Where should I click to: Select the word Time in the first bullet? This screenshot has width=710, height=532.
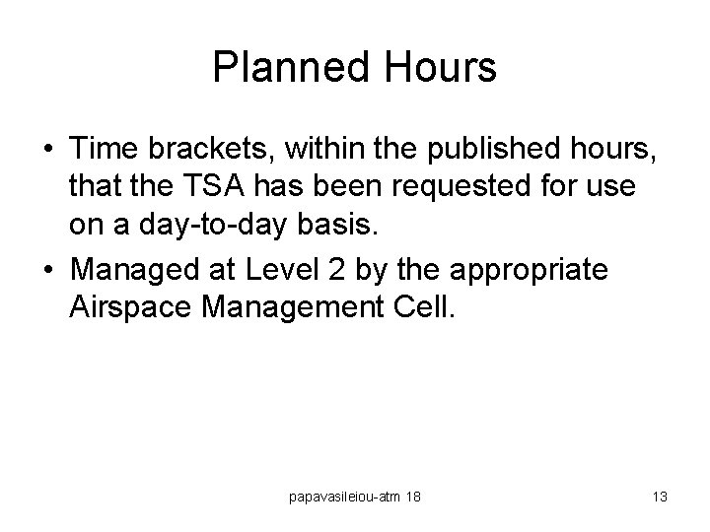[105, 151]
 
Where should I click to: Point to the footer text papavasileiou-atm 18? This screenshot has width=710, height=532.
[353, 498]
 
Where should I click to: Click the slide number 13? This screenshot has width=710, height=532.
[660, 498]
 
